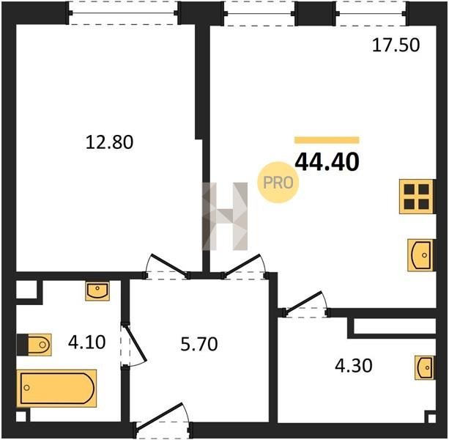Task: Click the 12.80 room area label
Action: [x=109, y=142]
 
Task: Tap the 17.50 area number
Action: [x=396, y=45]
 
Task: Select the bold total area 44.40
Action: [x=327, y=161]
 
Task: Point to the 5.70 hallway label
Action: [x=199, y=344]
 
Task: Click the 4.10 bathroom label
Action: [x=86, y=342]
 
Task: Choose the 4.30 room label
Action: [x=354, y=365]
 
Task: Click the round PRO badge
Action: [x=278, y=183]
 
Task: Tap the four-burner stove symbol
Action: [x=417, y=197]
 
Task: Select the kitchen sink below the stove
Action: [x=420, y=254]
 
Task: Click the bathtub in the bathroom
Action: [x=56, y=389]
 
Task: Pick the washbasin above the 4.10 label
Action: [x=97, y=290]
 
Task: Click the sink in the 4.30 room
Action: [x=424, y=367]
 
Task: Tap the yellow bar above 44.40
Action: [x=327, y=140]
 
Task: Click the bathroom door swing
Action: [x=134, y=345]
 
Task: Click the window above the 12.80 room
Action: [x=123, y=13]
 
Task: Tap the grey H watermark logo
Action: [x=225, y=216]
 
